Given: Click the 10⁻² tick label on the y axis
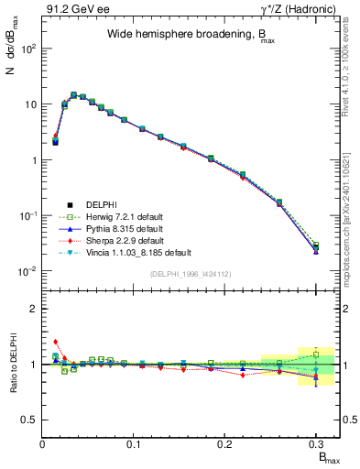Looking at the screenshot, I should click(x=29, y=271).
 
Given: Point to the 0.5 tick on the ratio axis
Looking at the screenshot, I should click(x=32, y=420).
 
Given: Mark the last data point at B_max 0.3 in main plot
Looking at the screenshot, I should click(x=315, y=249).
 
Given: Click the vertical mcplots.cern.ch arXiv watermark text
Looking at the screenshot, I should click(x=353, y=183).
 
